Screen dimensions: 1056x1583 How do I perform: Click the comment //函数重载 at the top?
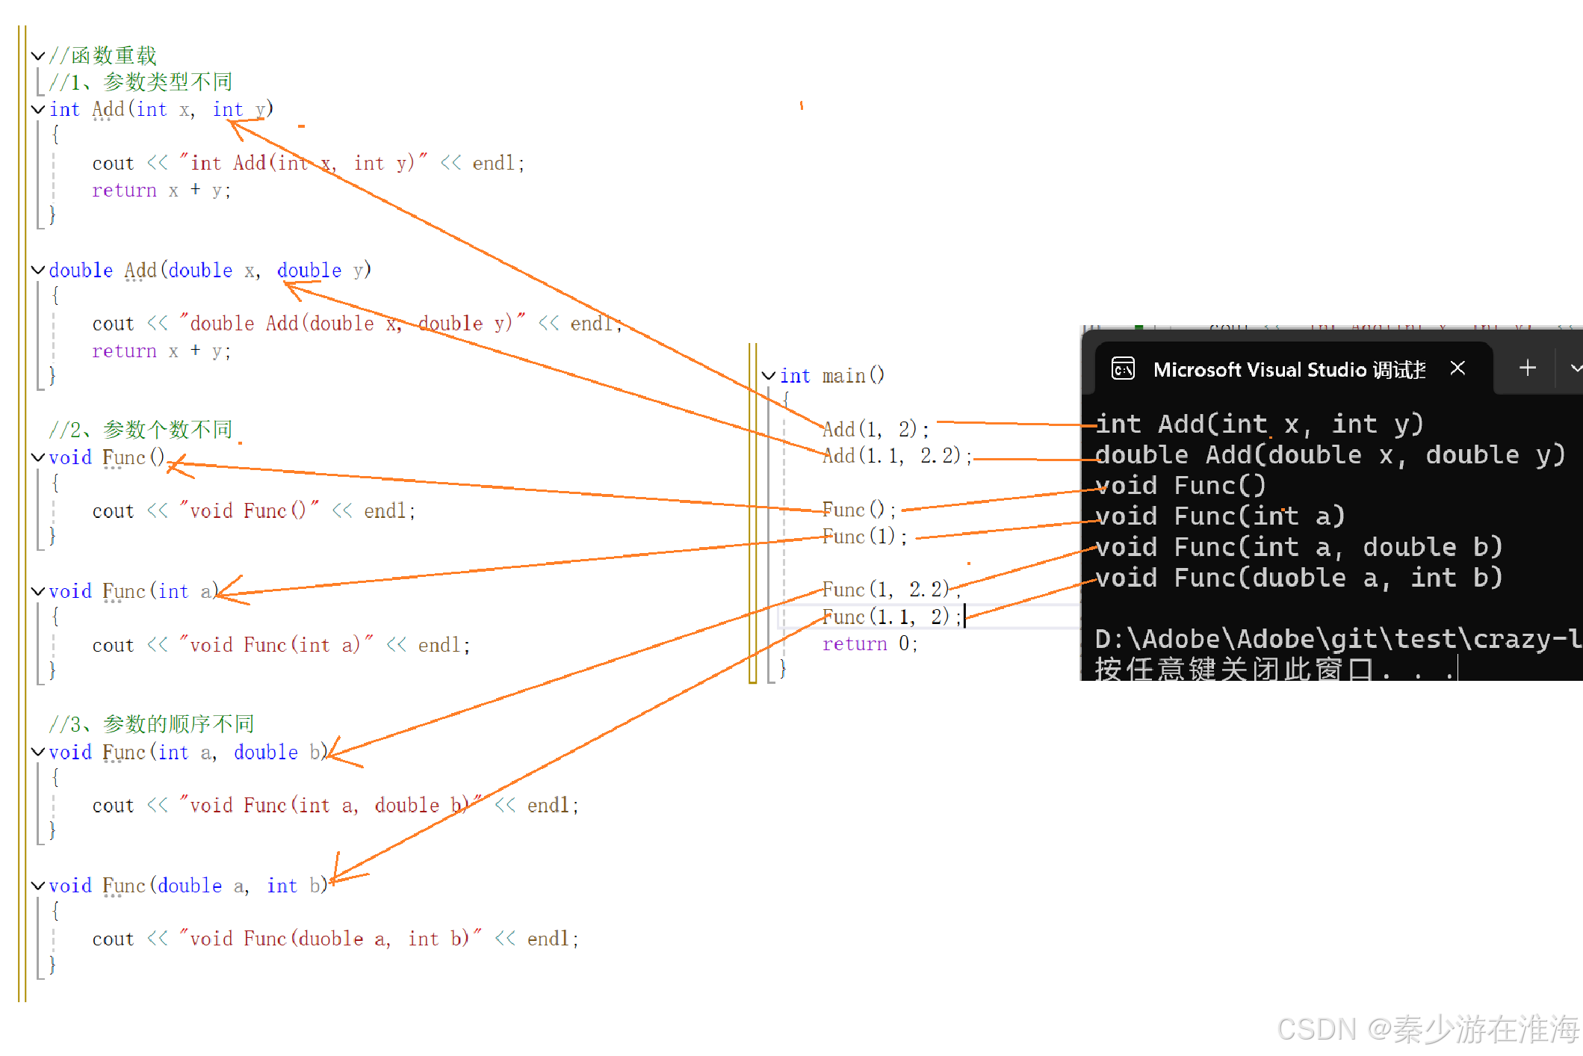click(102, 55)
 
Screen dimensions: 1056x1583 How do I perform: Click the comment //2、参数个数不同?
click(140, 430)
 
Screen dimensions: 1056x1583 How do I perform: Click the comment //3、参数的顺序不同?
click(151, 724)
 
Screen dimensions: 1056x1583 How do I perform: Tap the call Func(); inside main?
click(858, 510)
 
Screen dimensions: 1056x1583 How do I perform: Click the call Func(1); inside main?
click(864, 537)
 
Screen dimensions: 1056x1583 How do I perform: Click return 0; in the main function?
click(870, 644)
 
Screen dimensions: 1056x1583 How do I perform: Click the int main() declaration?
click(831, 376)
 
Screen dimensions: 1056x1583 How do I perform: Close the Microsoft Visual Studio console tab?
click(1457, 368)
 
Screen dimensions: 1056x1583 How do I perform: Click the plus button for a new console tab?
click(1528, 368)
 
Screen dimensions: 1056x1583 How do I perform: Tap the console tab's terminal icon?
click(1123, 369)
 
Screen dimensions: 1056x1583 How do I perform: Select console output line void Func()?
click(1180, 487)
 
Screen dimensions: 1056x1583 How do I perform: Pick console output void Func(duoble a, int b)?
click(1298, 578)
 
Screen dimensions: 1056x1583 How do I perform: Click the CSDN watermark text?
click(1428, 1030)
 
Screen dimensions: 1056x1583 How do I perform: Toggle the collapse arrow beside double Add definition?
click(38, 271)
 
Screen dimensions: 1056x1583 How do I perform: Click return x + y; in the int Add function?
click(161, 191)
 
